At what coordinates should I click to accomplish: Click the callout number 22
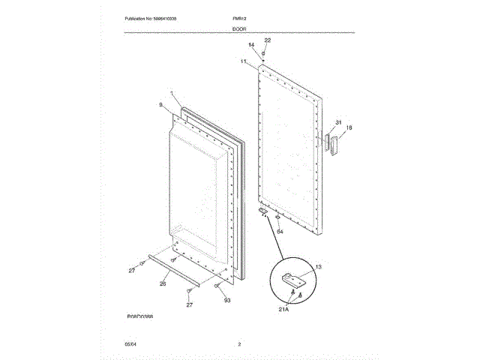[268, 40]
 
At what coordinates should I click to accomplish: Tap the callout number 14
[251, 46]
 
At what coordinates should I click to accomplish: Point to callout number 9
[160, 106]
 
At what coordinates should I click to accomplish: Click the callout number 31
[338, 122]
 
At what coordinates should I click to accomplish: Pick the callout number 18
[349, 127]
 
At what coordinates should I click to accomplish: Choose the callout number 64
[280, 232]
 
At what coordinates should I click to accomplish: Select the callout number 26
[162, 283]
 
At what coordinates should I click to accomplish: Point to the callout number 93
[226, 300]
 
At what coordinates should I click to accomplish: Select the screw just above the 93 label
[217, 285]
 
